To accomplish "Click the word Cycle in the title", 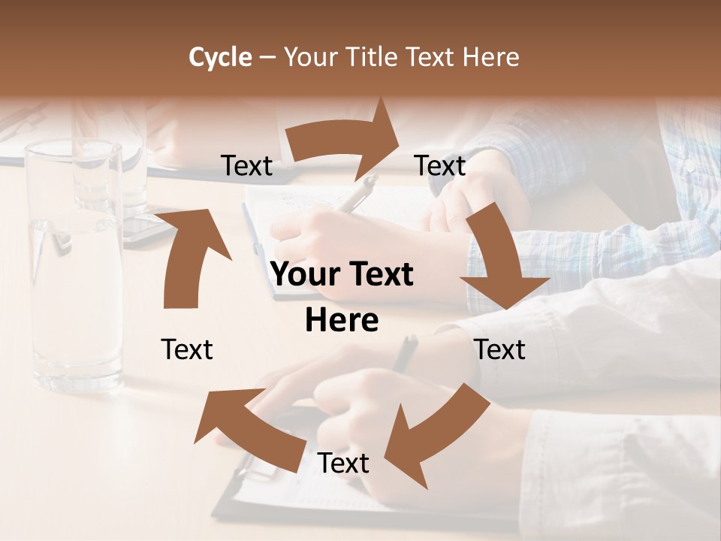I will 220,57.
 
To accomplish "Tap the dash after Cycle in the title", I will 267,57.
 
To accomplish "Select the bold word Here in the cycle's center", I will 342,321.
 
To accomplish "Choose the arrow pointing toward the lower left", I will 436,436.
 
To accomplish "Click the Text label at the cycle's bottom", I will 343,464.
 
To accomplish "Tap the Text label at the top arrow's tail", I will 247,165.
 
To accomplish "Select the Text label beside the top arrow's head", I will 440,165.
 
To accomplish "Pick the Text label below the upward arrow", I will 187,349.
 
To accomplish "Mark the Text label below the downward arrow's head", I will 500,349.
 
